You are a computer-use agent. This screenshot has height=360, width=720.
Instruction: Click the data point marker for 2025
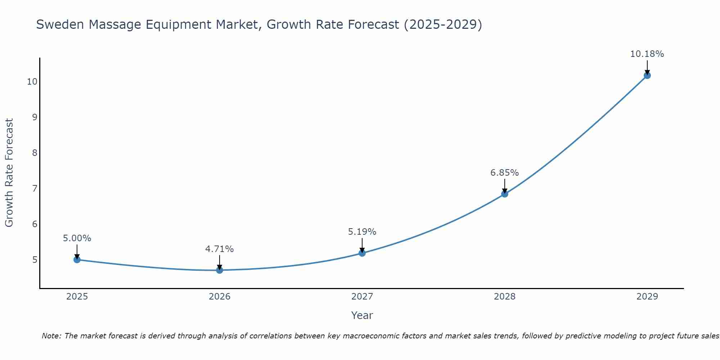click(x=77, y=260)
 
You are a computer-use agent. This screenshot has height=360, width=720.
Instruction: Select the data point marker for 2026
click(x=220, y=270)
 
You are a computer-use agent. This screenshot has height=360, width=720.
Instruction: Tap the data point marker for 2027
click(x=362, y=253)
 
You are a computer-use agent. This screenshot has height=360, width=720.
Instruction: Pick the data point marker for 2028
click(x=505, y=194)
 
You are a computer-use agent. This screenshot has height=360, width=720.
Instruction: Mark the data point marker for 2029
click(x=647, y=75)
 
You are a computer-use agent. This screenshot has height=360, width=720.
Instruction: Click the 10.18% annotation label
click(x=647, y=54)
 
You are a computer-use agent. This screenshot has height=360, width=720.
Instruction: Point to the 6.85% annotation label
click(x=504, y=173)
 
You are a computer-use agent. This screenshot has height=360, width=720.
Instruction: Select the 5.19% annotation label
click(x=362, y=232)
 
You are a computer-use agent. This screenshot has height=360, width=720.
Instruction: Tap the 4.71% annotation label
click(x=219, y=249)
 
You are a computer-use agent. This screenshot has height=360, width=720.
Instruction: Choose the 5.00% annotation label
click(x=77, y=238)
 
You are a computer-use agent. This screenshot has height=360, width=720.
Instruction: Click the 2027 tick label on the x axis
click(x=362, y=297)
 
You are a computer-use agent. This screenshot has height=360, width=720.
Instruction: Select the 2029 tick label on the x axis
click(x=647, y=297)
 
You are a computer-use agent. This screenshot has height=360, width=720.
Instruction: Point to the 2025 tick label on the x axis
click(x=77, y=297)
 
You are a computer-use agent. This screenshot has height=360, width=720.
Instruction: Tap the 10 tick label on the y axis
click(x=32, y=82)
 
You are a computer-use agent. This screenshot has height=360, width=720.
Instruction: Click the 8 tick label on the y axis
click(x=35, y=153)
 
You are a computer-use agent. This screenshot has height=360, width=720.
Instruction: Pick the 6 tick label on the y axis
click(x=35, y=224)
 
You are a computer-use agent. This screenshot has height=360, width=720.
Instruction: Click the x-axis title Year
click(x=362, y=315)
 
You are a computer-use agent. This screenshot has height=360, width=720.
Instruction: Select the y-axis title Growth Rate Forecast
click(x=9, y=173)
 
